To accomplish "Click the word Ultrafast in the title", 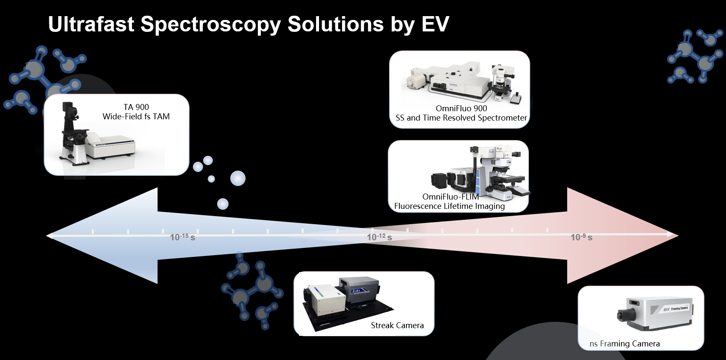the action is point(91,24).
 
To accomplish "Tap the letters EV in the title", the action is point(435,24).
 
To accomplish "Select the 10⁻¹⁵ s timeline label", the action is point(183,237).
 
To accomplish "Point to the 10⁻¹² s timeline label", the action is point(379,237).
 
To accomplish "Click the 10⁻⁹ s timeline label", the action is point(582,237).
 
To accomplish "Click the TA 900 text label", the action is point(136,107).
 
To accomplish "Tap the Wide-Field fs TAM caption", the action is point(136,116).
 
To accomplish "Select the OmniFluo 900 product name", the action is point(461,108).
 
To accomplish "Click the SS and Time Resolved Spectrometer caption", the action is point(461,118).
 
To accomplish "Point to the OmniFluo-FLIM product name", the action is point(450,197).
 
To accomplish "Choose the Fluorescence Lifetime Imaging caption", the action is point(449,206).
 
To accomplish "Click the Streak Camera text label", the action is point(397,325).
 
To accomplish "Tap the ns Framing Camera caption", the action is point(624,343).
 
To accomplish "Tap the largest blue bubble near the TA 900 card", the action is point(238,178).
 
